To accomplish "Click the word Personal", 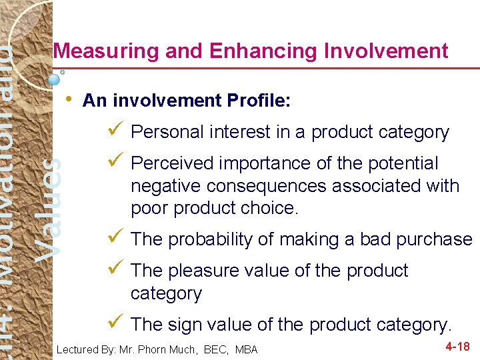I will (x=167, y=132).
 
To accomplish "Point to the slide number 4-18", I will (x=457, y=347).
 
